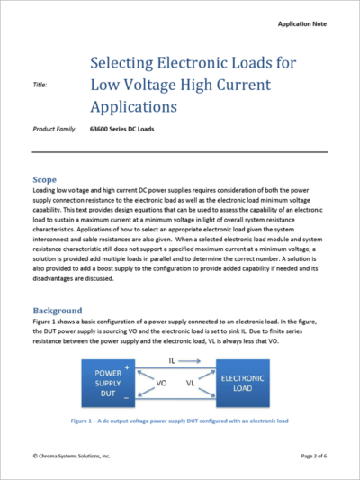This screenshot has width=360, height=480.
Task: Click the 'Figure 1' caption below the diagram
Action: tap(180, 419)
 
